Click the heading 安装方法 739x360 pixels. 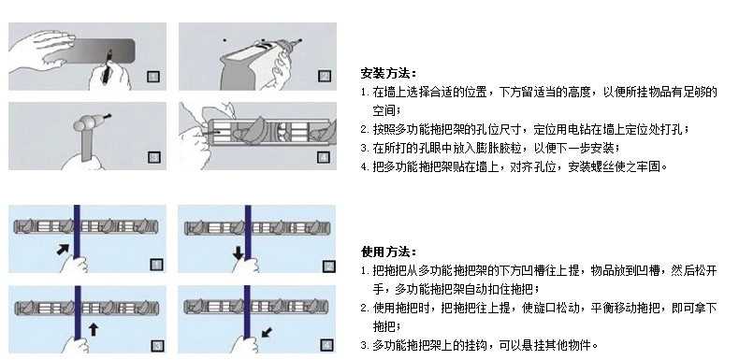(x=388, y=73)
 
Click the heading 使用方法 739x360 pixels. (x=388, y=252)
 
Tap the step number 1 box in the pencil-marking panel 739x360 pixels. (x=153, y=77)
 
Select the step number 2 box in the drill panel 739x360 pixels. (x=325, y=76)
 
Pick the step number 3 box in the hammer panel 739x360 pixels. (x=154, y=157)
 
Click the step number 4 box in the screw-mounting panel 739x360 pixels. (x=324, y=156)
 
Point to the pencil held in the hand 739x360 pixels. (x=108, y=66)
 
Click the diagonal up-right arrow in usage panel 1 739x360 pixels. (x=63, y=249)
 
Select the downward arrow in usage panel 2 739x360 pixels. (x=238, y=253)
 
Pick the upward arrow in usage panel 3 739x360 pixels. (x=94, y=329)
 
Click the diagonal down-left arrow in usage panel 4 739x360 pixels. (x=267, y=333)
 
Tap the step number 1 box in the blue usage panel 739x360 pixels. (x=156, y=265)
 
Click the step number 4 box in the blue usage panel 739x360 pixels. (x=326, y=345)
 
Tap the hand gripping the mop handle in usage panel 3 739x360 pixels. (x=76, y=344)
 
